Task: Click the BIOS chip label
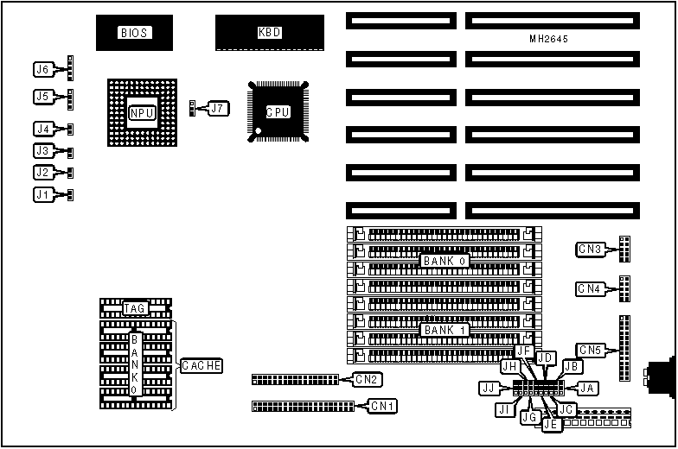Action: pyautogui.click(x=134, y=33)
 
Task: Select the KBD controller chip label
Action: pyautogui.click(x=269, y=33)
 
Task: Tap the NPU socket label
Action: pyautogui.click(x=141, y=112)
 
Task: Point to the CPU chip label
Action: pyautogui.click(x=277, y=112)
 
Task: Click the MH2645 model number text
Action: pyautogui.click(x=550, y=39)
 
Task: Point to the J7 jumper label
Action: pyautogui.click(x=218, y=109)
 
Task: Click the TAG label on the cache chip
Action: pyautogui.click(x=134, y=307)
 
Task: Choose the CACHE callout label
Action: pyautogui.click(x=201, y=366)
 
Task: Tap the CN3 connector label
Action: pyautogui.click(x=590, y=250)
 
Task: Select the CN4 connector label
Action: pyautogui.click(x=590, y=288)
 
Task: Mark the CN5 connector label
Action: pyautogui.click(x=590, y=350)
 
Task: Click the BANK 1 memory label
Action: pyautogui.click(x=445, y=330)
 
